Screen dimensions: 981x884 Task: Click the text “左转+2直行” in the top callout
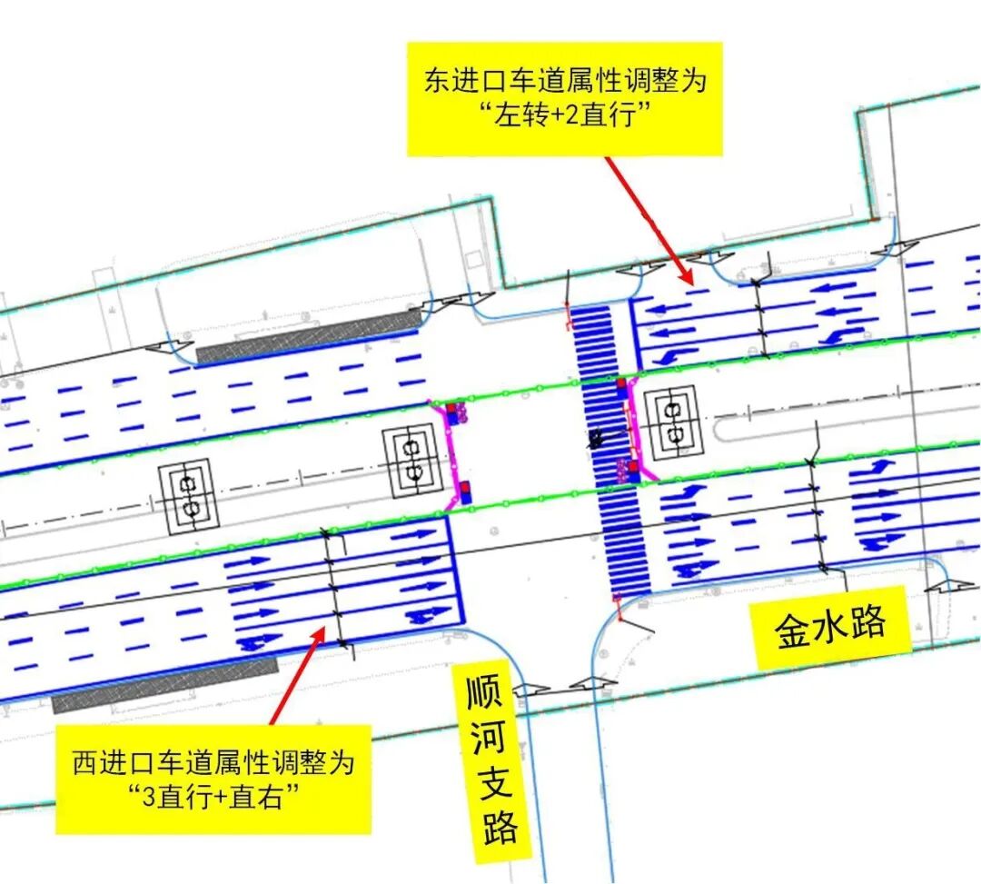[564, 118]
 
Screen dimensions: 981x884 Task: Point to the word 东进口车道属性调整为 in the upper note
[564, 81]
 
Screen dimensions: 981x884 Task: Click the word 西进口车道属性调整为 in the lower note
[214, 761]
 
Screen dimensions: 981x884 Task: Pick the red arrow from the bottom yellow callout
[296, 676]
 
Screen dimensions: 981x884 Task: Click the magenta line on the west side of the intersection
[451, 454]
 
